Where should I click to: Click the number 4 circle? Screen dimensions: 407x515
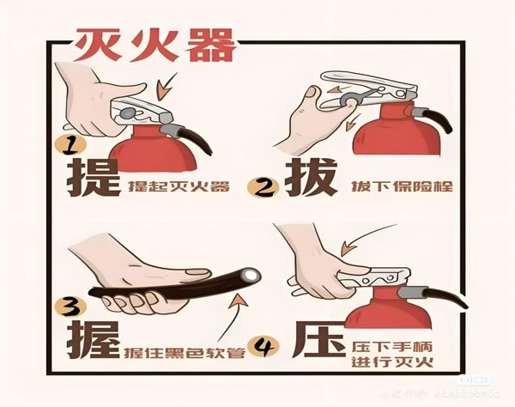[x=267, y=348]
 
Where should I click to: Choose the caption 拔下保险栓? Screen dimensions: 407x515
[x=402, y=186]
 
